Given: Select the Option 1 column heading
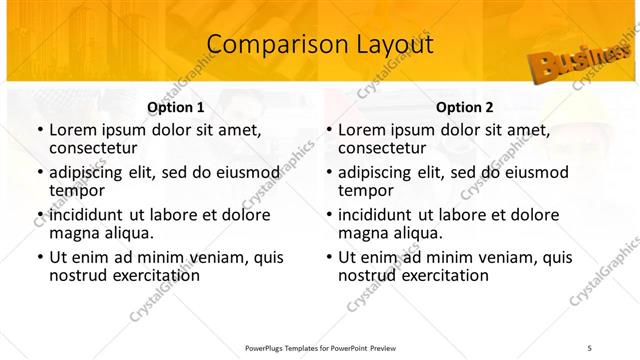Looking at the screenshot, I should coord(176,106).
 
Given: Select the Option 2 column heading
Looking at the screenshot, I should coord(465,106).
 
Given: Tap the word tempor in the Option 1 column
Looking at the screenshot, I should coord(73,190).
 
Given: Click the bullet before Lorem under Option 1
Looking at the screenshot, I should coord(39,130).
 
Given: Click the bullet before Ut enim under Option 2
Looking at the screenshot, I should coord(328,257).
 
